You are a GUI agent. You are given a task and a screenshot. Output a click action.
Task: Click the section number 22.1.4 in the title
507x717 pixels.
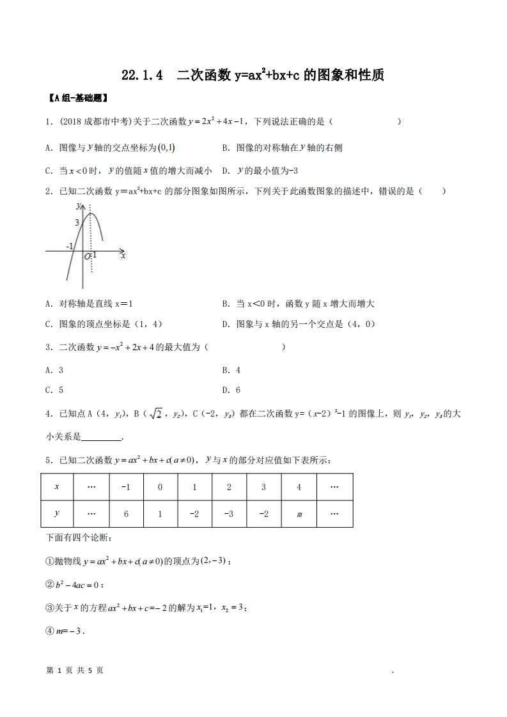(x=142, y=75)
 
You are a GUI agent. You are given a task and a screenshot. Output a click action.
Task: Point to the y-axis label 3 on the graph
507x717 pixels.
(x=77, y=222)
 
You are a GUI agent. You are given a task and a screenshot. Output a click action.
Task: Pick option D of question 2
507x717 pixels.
(x=298, y=324)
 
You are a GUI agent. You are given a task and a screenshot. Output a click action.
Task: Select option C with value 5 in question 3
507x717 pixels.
(x=54, y=390)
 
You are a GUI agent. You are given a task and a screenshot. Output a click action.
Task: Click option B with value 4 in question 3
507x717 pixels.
(x=231, y=370)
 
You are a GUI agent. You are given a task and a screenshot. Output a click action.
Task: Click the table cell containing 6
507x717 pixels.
(x=125, y=513)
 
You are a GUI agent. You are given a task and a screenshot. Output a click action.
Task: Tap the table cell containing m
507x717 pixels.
(x=299, y=513)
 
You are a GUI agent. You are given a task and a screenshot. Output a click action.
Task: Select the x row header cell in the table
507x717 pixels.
(x=56, y=486)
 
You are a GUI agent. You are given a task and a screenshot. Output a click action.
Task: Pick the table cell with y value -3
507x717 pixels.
(x=230, y=513)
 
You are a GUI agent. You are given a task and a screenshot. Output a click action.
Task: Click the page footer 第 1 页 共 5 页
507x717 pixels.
(x=75, y=670)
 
